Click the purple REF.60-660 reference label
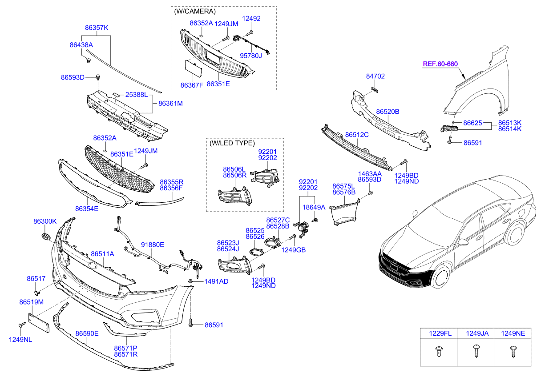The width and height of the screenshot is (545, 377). click(x=440, y=64)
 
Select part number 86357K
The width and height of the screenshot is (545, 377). click(x=97, y=28)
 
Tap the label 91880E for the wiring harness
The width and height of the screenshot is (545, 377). click(x=153, y=245)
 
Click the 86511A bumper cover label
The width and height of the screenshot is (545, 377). click(x=103, y=254)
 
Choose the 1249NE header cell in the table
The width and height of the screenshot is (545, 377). click(x=513, y=333)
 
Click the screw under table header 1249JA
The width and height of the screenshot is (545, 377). click(x=476, y=351)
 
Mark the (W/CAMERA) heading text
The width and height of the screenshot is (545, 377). click(x=195, y=11)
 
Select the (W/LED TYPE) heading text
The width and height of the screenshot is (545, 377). click(x=232, y=143)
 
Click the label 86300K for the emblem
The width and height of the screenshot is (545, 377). click(x=45, y=221)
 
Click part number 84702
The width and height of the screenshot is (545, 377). click(x=375, y=76)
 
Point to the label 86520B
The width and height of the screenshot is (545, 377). click(x=388, y=112)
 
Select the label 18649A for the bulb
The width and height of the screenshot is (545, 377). click(x=314, y=207)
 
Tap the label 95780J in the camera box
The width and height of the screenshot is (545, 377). click(x=251, y=56)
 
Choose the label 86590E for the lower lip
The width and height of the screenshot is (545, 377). click(x=87, y=333)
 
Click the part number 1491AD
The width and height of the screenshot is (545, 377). click(x=216, y=281)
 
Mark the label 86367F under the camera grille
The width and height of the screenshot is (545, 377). click(x=192, y=84)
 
